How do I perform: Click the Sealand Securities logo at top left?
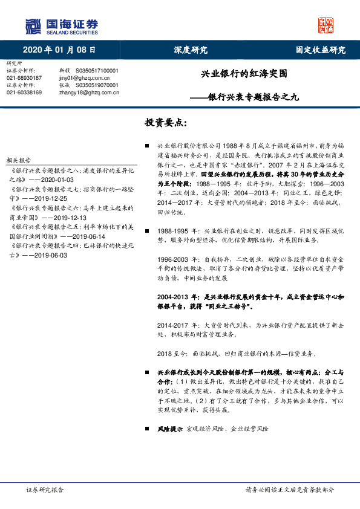[61, 27]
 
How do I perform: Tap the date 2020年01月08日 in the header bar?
[59, 50]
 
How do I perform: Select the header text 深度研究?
[190, 50]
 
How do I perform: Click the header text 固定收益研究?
[320, 50]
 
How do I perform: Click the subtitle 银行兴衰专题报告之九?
[253, 96]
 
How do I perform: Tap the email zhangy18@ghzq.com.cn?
[89, 92]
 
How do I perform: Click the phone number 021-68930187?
[24, 78]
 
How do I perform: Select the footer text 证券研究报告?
[44, 490]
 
